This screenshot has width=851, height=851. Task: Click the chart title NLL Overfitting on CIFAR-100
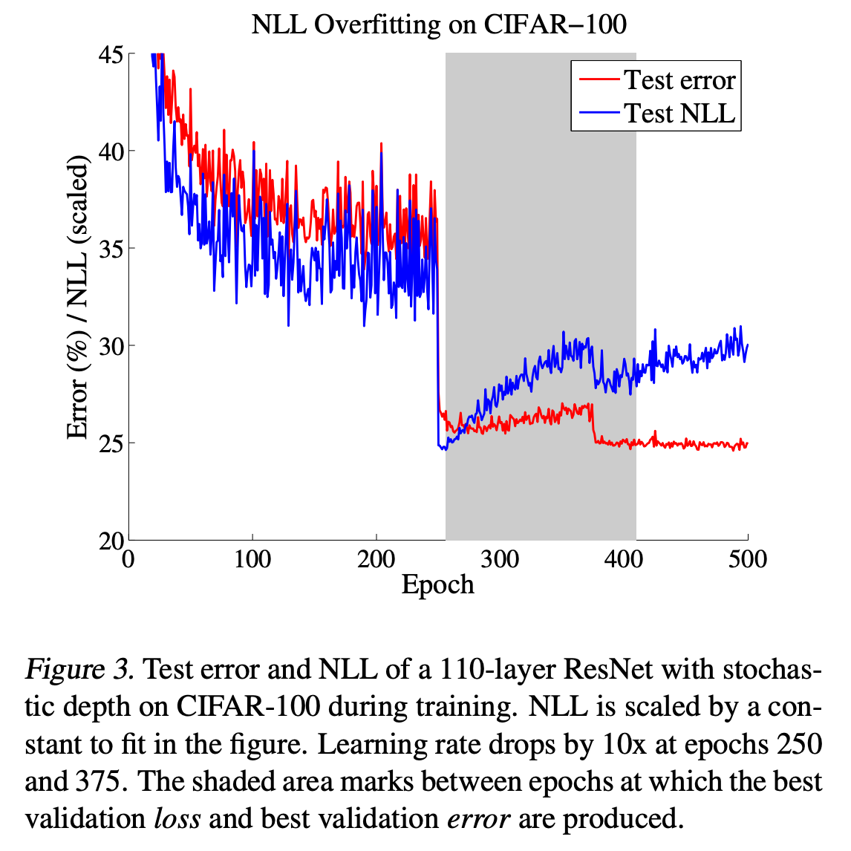tap(439, 25)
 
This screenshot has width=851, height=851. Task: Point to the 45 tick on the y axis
tap(112, 54)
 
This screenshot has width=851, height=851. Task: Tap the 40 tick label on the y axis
tap(112, 151)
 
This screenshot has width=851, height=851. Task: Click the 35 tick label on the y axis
tap(112, 249)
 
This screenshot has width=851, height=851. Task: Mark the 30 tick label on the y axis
tap(112, 346)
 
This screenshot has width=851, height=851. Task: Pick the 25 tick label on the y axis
tap(112, 443)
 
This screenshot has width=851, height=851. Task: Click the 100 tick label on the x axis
tap(252, 558)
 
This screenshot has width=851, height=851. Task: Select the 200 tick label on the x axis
tap(376, 558)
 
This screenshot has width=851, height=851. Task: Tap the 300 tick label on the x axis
tap(500, 558)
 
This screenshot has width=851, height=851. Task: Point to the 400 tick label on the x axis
tap(624, 558)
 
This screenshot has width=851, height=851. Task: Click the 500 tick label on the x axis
tap(747, 558)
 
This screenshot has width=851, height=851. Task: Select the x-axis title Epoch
tap(437, 585)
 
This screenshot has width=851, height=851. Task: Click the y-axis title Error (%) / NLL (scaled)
tap(78, 297)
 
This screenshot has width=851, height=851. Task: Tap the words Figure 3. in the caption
tap(80, 670)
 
